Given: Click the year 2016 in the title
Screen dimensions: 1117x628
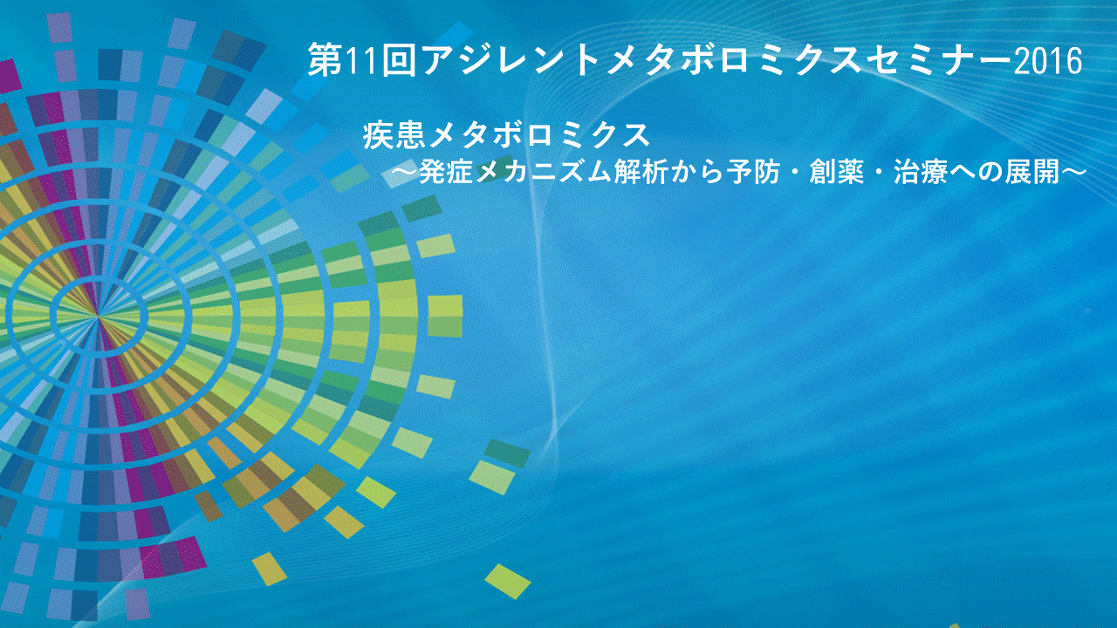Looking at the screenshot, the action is point(1048,61).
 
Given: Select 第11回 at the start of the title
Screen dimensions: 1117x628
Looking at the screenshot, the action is point(361,61).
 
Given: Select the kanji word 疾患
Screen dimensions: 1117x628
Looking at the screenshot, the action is point(394,135).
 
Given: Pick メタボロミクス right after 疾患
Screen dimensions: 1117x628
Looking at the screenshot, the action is point(539,135).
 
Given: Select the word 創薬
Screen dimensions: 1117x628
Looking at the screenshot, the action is point(837,172).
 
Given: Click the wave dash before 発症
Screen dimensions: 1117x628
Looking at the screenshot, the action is point(404,173).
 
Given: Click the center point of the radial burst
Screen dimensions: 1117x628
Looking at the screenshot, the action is point(99,316).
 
